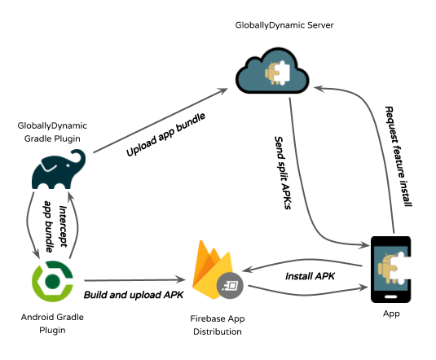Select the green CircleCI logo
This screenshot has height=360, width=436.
click(x=52, y=281)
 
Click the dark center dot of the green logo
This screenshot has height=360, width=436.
click(x=52, y=281)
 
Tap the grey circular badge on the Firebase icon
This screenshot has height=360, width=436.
click(x=231, y=285)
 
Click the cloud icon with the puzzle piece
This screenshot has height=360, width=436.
click(x=272, y=73)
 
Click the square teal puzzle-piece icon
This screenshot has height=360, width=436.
click(x=390, y=267)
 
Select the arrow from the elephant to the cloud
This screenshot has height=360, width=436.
click(x=159, y=121)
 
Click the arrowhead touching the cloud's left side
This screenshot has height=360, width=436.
click(x=223, y=91)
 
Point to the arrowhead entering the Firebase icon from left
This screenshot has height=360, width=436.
click(x=183, y=279)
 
